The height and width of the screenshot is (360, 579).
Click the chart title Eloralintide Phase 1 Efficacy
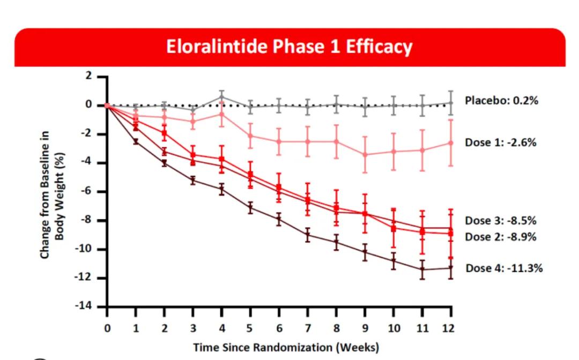click(x=289, y=47)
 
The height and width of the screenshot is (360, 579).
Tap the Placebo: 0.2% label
click(x=501, y=101)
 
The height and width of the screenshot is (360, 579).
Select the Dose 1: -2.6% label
click(x=501, y=143)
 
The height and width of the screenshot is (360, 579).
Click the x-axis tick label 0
click(x=107, y=328)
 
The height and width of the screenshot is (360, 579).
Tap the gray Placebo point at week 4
click(x=222, y=97)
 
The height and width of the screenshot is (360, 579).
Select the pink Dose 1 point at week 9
click(x=365, y=155)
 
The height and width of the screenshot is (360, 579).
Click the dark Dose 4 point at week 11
click(x=422, y=269)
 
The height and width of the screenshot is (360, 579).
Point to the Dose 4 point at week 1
click(x=136, y=142)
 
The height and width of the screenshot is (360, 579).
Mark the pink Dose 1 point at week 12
click(x=451, y=143)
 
